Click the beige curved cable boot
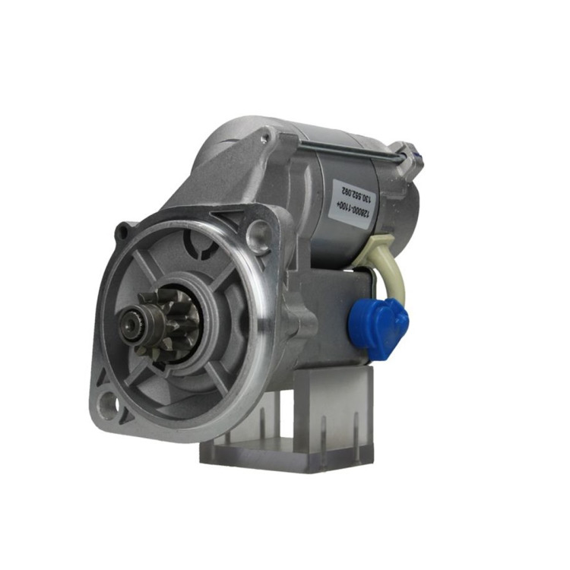pos(386,265)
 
